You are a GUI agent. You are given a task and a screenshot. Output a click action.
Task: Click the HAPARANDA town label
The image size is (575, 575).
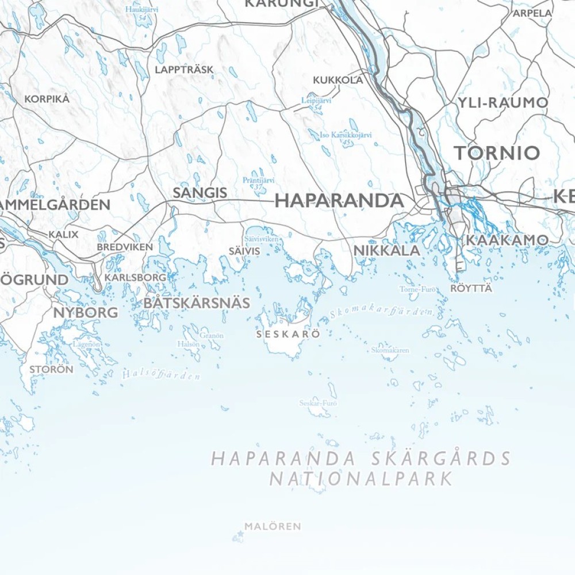pos(339,201)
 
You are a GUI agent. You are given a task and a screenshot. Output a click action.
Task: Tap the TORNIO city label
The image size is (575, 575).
pos(497,153)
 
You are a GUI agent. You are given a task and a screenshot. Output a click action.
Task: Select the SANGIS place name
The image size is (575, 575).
pos(200,193)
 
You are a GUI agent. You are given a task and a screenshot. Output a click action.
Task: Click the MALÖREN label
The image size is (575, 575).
pos(273,526)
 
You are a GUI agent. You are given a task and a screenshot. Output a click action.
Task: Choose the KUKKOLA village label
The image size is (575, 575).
pos(338,80)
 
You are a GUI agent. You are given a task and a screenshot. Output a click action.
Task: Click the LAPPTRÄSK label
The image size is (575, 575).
pos(184,70)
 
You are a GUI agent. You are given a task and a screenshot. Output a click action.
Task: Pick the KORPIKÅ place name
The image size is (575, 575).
pos(47,99)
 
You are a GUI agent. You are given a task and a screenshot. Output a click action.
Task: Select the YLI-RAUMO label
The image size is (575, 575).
pos(503,103)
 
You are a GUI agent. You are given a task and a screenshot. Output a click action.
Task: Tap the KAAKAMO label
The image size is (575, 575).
pos(507,240)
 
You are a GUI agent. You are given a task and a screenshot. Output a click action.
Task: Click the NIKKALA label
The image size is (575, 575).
pos(386,251)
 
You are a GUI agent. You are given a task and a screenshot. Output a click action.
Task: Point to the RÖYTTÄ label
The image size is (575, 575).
pos(471,288)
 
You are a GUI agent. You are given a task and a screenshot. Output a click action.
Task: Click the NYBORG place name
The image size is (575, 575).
pos(85,313)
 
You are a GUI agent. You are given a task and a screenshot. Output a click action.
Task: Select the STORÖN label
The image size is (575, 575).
pos(51,370)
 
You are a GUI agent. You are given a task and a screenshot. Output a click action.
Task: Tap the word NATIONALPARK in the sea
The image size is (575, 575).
pos(362,478)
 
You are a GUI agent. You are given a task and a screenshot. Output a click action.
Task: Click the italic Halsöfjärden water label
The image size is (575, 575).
pos(161,375)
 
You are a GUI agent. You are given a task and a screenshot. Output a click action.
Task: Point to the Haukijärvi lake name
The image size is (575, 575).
pos(141,10)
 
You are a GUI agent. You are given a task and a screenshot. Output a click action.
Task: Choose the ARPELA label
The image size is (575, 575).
pos(532,13)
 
